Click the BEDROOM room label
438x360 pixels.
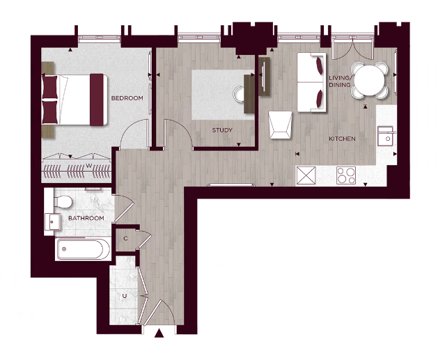tap(127, 98)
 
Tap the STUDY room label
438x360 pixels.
tap(222, 130)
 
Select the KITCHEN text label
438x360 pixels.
tap(342, 139)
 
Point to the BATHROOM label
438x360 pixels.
tap(86, 218)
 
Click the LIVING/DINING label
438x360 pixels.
tap(340, 81)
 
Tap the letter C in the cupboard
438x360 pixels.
tap(125, 238)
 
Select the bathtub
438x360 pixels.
tap(82, 249)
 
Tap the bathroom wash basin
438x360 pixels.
tap(52, 221)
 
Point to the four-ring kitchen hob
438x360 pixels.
tap(345, 175)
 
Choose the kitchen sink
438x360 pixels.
tap(385, 136)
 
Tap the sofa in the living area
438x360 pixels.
tap(310, 81)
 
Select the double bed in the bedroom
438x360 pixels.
tap(75, 99)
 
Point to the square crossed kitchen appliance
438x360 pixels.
tap(306, 174)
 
